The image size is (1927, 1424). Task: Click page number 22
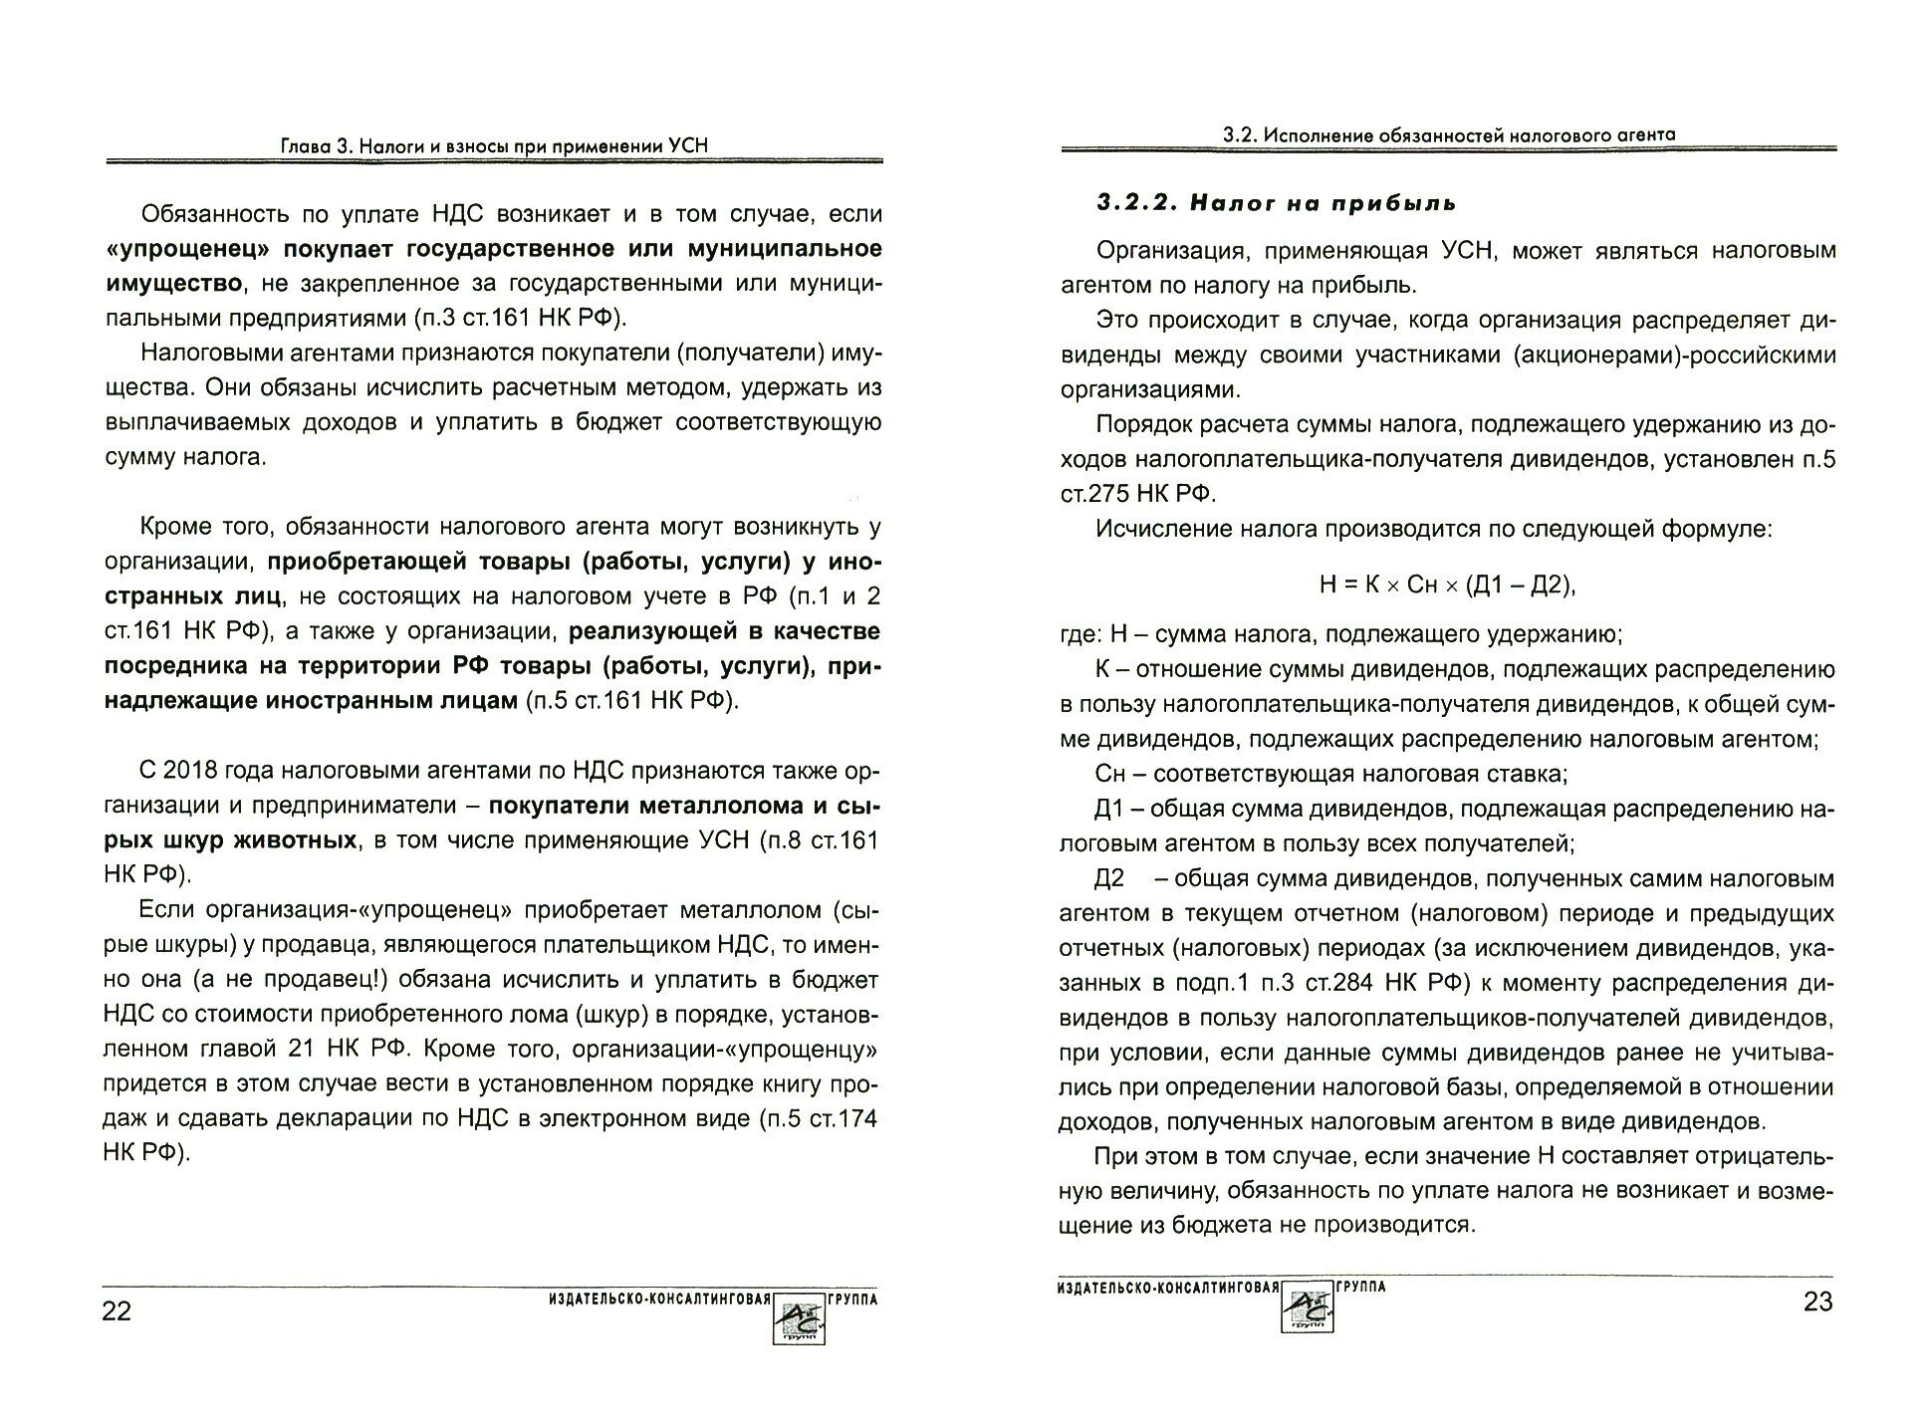(x=117, y=1310)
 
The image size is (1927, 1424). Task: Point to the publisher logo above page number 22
(x=799, y=1316)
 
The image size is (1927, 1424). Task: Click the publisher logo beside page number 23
(x=1306, y=1306)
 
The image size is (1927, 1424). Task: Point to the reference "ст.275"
(x=1111, y=494)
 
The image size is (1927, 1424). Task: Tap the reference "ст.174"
(x=839, y=1118)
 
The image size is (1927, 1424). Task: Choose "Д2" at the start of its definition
(x=1108, y=878)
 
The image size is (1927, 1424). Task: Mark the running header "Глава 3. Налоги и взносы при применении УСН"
(x=493, y=146)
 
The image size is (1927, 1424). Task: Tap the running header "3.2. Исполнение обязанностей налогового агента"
(x=1449, y=134)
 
